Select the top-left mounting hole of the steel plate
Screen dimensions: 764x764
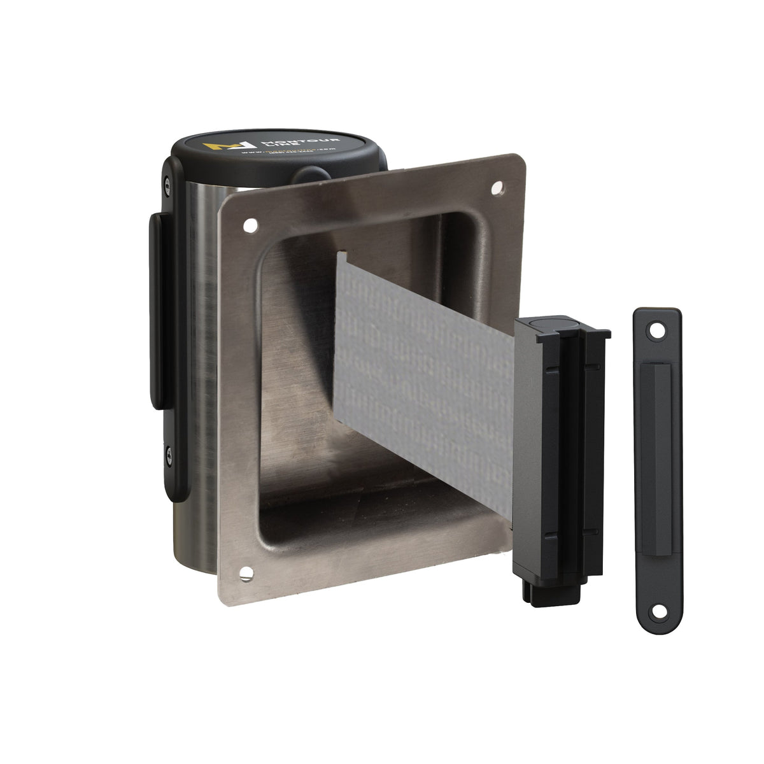[x=249, y=225]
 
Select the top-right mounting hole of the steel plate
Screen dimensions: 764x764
[x=498, y=188]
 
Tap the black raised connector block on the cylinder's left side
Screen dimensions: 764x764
[x=155, y=312]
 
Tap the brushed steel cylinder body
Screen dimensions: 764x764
[x=191, y=318]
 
